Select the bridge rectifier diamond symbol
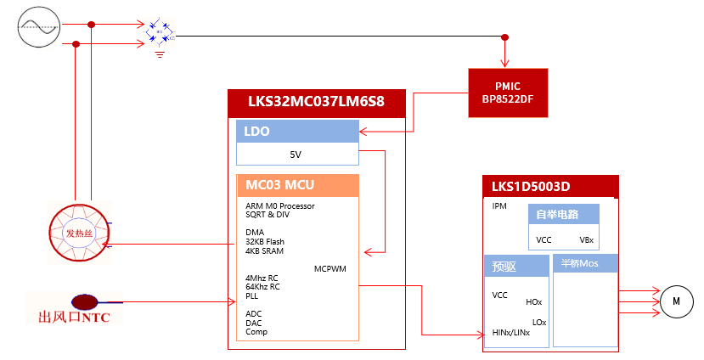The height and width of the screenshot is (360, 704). (x=160, y=31)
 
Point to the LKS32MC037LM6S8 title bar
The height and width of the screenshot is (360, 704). (x=316, y=103)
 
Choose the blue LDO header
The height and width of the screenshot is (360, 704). (x=297, y=132)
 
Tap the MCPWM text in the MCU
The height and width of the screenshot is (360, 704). (x=330, y=268)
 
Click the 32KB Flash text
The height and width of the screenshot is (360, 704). (x=265, y=241)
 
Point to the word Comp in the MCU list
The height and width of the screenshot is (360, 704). (x=256, y=332)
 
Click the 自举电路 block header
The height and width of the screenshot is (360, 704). (x=564, y=214)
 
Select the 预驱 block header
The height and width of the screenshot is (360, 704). (x=517, y=266)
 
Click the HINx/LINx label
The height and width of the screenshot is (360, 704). (x=511, y=333)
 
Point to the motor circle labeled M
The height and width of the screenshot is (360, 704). (x=677, y=301)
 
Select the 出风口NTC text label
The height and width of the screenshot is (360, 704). (x=75, y=318)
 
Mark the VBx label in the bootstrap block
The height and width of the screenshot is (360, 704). (x=587, y=240)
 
